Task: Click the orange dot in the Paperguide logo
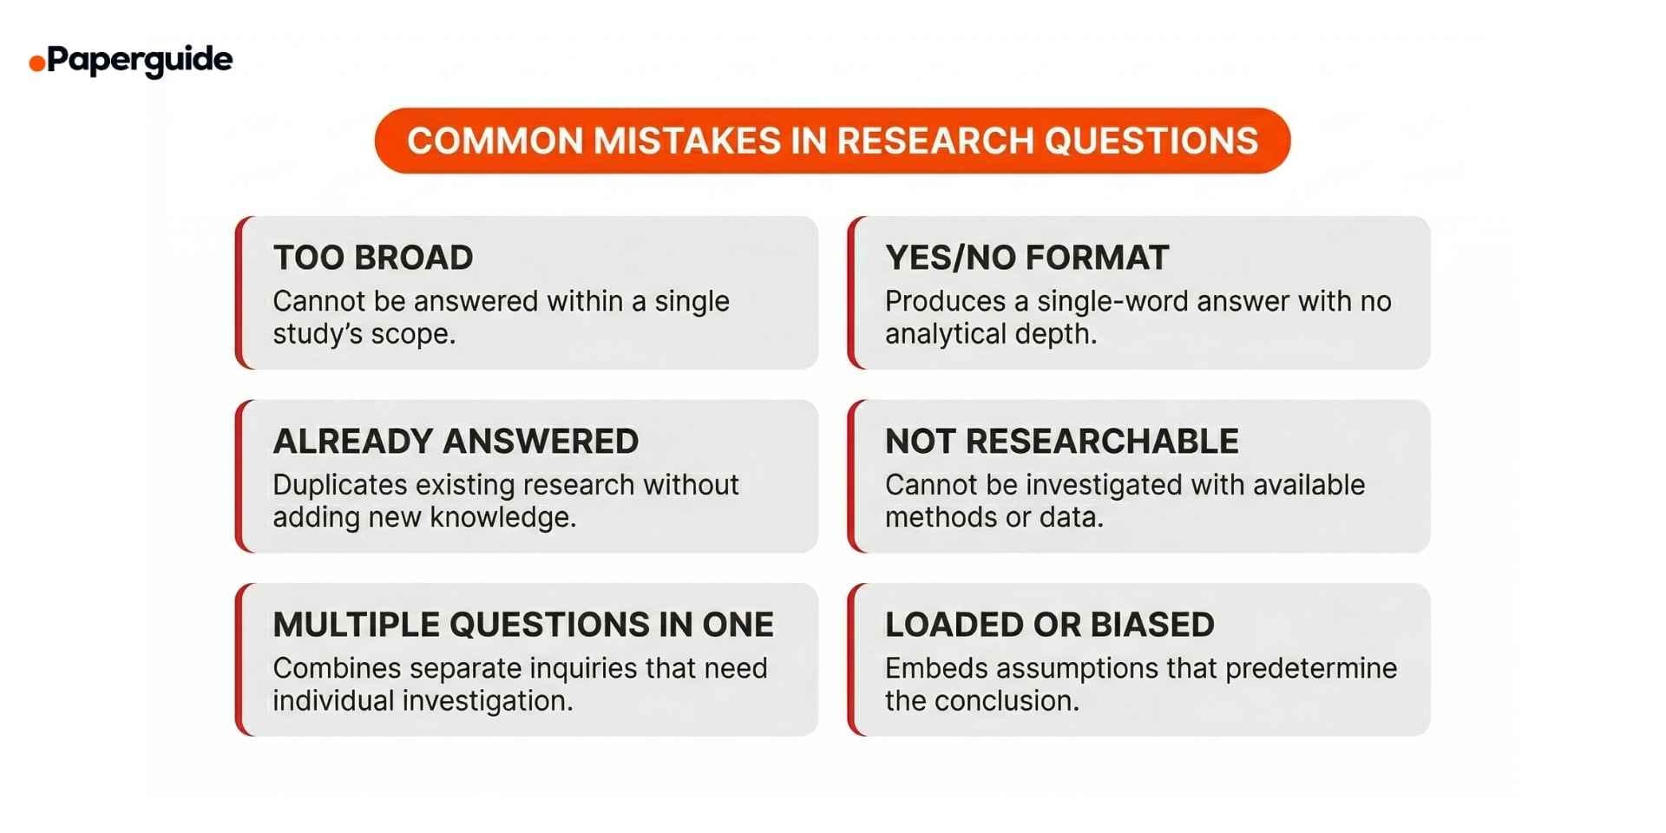(x=36, y=63)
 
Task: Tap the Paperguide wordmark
(x=140, y=60)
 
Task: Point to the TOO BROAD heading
(x=373, y=258)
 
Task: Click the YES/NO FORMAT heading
(x=1026, y=258)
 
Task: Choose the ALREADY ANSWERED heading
(x=456, y=442)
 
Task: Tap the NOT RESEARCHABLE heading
(x=1061, y=442)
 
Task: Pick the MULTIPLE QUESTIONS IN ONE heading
(x=523, y=625)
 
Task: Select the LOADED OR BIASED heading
(x=1049, y=625)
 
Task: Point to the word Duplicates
(x=340, y=485)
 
